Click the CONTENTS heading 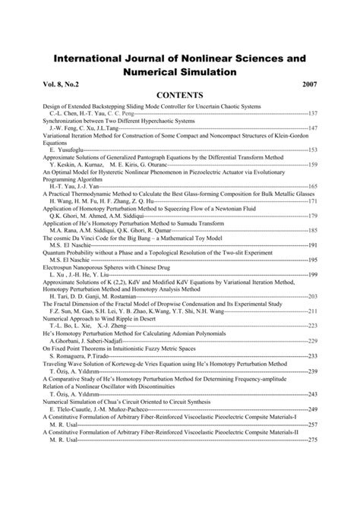[x=179, y=96]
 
